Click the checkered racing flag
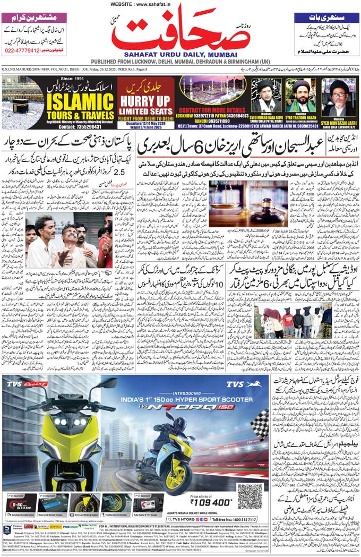[x=259, y=425]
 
